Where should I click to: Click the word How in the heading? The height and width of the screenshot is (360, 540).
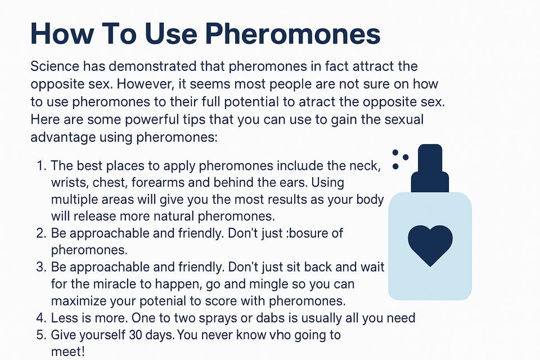coord(62,33)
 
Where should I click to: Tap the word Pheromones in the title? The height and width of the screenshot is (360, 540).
coord(293,33)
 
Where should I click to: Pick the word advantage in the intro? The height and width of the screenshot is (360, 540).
coord(62,137)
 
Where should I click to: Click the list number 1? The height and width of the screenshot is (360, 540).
coord(41,166)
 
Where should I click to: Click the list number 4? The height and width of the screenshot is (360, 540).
coord(41,318)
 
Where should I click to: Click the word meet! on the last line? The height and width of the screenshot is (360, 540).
coord(68,352)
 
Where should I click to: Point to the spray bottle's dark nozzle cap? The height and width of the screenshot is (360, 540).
coord(430,168)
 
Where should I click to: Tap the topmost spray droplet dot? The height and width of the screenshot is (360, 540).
coord(395,152)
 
